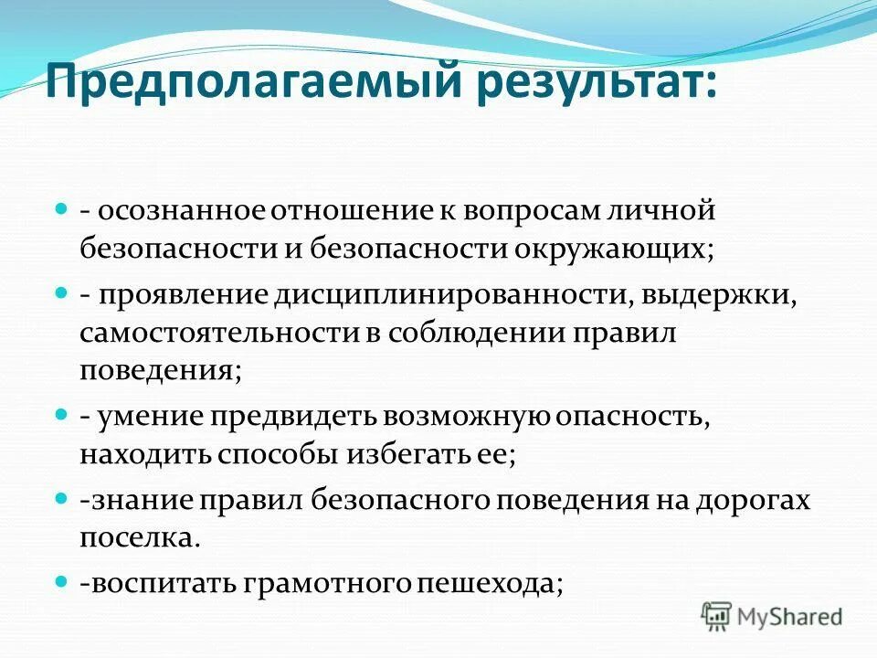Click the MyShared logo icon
click(x=717, y=616)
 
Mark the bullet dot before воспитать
click(x=62, y=581)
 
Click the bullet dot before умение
click(x=62, y=414)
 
